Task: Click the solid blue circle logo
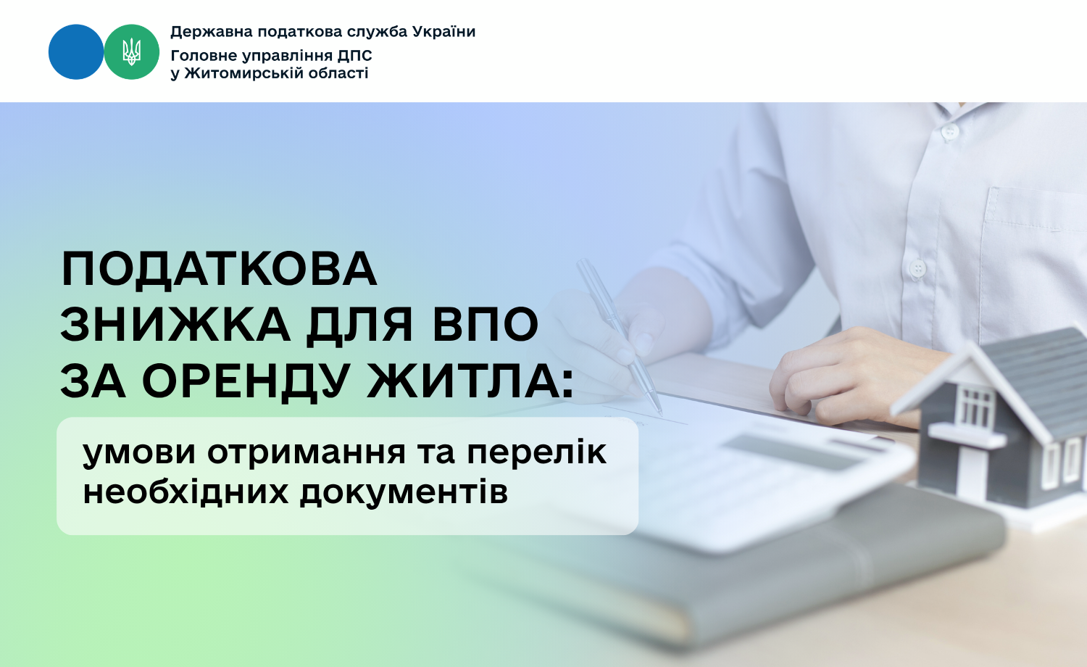tap(76, 52)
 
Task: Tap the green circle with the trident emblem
tap(131, 52)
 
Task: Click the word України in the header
tap(443, 32)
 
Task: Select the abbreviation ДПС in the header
tap(355, 56)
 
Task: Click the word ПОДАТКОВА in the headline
tap(219, 270)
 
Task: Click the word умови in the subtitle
tap(139, 453)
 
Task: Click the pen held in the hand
tap(619, 336)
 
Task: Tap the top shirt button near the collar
tap(949, 131)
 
